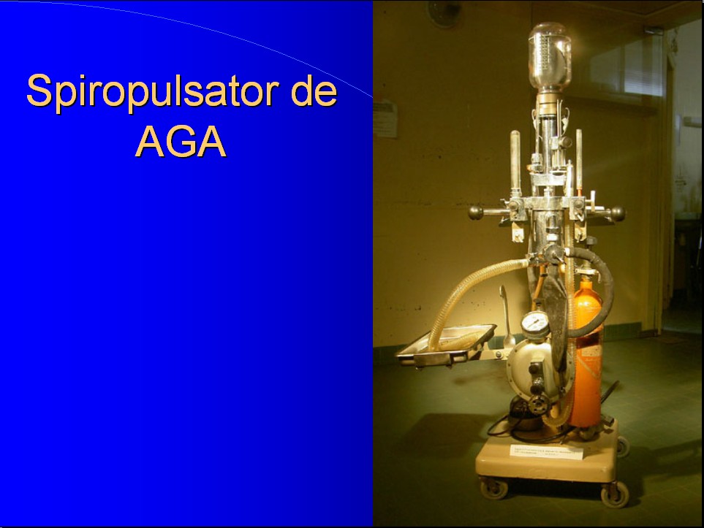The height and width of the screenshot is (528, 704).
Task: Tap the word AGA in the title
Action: pyautogui.click(x=181, y=141)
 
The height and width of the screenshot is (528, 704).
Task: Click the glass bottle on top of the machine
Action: pyautogui.click(x=550, y=57)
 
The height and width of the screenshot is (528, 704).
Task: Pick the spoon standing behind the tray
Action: pyautogui.click(x=507, y=316)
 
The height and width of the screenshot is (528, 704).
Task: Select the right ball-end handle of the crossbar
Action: pyautogui.click(x=617, y=213)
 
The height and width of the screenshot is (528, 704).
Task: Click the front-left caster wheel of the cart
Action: pyautogui.click(x=494, y=489)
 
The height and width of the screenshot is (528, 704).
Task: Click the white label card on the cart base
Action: pyautogui.click(x=546, y=451)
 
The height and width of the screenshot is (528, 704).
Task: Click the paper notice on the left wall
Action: pyautogui.click(x=385, y=119)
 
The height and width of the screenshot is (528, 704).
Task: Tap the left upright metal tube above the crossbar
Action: pyautogui.click(x=515, y=161)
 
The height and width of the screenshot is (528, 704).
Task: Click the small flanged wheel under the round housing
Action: pyautogui.click(x=538, y=404)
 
